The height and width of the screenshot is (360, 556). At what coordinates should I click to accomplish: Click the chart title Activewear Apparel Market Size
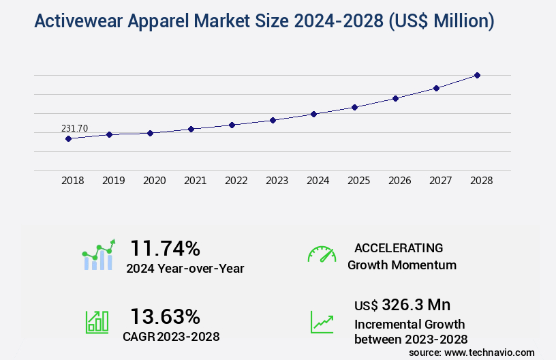264,21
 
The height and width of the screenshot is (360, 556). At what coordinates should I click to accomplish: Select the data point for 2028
477,75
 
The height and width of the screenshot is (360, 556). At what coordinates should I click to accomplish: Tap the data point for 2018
68,138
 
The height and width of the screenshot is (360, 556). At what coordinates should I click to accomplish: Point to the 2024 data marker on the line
313,114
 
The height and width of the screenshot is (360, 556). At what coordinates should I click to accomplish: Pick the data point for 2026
395,98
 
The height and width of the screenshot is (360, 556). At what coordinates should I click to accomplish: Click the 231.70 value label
74,128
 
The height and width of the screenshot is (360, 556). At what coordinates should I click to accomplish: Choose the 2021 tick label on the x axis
195,181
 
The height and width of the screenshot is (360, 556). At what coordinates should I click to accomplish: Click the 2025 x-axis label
358,181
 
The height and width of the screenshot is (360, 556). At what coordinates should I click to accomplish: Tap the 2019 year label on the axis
113,181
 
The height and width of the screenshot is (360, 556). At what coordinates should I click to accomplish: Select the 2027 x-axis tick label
440,181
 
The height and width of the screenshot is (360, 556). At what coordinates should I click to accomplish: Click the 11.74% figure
165,247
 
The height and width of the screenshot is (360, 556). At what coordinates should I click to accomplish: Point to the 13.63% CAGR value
165,316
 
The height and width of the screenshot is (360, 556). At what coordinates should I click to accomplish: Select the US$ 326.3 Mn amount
402,304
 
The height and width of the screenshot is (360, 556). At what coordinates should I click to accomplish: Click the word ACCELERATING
399,247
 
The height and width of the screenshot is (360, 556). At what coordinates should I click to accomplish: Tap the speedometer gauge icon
322,254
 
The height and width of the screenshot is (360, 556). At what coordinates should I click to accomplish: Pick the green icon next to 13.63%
96,322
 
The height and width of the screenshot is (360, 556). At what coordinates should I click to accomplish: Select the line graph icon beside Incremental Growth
322,322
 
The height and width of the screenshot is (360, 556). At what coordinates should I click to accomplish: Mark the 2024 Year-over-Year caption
185,269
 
